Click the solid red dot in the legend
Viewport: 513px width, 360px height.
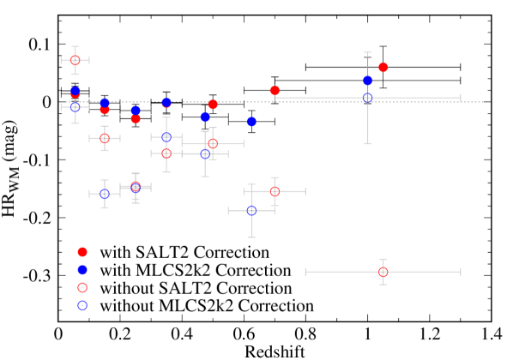coord(82,252)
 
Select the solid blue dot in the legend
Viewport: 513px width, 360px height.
coord(82,270)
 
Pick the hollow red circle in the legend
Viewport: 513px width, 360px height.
coord(82,288)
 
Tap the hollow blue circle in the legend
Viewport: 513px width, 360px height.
coord(82,305)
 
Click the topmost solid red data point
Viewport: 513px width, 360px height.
coord(383,67)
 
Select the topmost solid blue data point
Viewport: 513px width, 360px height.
coord(368,81)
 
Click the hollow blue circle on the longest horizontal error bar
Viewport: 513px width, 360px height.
coord(368,98)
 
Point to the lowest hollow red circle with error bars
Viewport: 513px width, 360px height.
coord(383,272)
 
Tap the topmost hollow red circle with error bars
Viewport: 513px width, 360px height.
coord(75,60)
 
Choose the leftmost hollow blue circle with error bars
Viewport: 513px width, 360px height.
coord(75,107)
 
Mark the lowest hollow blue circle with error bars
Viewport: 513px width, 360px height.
coord(251,210)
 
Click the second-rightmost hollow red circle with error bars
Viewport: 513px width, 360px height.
coord(275,191)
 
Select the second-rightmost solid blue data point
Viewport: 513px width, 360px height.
coord(251,122)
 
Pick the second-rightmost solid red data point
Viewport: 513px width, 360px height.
coord(275,90)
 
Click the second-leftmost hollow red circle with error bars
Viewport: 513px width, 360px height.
coord(105,138)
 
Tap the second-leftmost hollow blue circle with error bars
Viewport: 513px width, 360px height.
coord(105,194)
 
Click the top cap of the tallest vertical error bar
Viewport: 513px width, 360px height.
coord(368,53)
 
